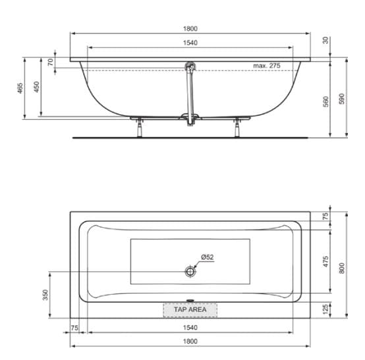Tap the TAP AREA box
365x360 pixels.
(x=190, y=309)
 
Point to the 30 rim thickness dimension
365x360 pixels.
(x=325, y=39)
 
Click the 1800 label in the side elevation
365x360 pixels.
(x=190, y=28)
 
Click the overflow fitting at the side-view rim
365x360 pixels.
(x=190, y=66)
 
